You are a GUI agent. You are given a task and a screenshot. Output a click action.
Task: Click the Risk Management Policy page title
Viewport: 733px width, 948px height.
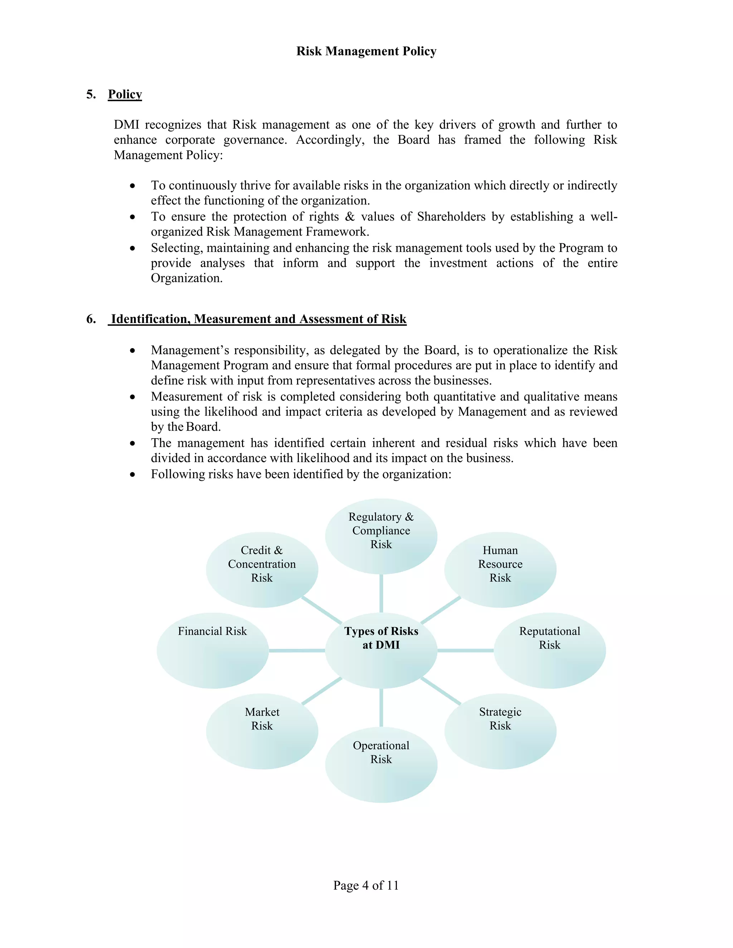[x=366, y=51]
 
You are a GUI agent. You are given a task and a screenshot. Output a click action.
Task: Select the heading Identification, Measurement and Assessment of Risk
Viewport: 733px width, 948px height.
[x=258, y=319]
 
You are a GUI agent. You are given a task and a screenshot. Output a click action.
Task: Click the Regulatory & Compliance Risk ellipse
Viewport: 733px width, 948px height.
[x=381, y=536]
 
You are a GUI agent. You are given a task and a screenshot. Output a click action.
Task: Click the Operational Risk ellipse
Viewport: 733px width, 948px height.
[x=381, y=764]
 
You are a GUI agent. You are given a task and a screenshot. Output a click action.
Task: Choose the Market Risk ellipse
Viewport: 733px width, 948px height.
[x=262, y=732]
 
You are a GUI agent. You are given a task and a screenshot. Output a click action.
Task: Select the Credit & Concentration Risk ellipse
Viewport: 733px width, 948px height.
[x=262, y=569]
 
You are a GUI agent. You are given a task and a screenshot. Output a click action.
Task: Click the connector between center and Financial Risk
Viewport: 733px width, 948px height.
[x=297, y=650]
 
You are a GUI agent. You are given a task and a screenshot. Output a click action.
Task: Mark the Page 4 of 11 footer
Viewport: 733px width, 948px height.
[x=366, y=885]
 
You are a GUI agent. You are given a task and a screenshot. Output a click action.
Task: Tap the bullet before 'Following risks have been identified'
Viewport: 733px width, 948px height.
[x=132, y=475]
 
